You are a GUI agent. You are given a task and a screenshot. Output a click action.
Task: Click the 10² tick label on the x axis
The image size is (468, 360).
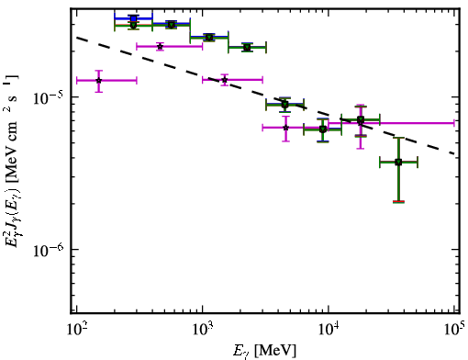pyautogui.click(x=76, y=330)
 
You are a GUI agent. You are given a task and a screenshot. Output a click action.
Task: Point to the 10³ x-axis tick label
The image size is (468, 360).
pyautogui.click(x=202, y=330)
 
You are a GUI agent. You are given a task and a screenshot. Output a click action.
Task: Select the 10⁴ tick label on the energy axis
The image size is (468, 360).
pyautogui.click(x=329, y=330)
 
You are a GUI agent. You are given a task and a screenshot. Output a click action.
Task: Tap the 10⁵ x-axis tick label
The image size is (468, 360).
pyautogui.click(x=454, y=329)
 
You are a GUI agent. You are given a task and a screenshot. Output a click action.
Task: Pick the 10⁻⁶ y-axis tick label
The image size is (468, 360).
pyautogui.click(x=48, y=250)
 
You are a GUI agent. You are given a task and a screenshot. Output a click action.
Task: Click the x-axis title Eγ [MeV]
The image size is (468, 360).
pyautogui.click(x=264, y=351)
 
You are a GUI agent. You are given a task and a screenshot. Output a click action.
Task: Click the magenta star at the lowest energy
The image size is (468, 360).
pyautogui.click(x=98, y=81)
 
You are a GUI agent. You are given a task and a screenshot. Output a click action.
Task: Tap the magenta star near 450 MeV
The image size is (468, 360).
pyautogui.click(x=160, y=47)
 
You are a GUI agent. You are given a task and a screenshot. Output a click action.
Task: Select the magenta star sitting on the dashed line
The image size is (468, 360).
pyautogui.click(x=225, y=80)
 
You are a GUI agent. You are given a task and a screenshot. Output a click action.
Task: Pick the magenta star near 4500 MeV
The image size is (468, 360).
pyautogui.click(x=285, y=128)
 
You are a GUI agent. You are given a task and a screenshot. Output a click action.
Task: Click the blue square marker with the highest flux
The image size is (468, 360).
pyautogui.click(x=133, y=19)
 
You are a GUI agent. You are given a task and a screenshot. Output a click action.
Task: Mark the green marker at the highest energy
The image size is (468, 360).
pyautogui.click(x=398, y=162)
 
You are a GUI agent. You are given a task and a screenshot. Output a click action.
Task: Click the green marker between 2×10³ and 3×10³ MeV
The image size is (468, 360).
pyautogui.click(x=247, y=48)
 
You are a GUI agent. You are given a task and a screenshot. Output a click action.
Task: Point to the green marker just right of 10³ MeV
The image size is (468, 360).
pyautogui.click(x=209, y=38)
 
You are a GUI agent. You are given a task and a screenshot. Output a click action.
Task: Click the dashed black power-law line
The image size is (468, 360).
pyautogui.click(x=265, y=96)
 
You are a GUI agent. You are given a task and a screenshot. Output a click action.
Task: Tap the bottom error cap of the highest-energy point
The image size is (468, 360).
pyautogui.click(x=398, y=202)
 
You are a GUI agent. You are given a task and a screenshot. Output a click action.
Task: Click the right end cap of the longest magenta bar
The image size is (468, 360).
pyautogui.click(x=454, y=123)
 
